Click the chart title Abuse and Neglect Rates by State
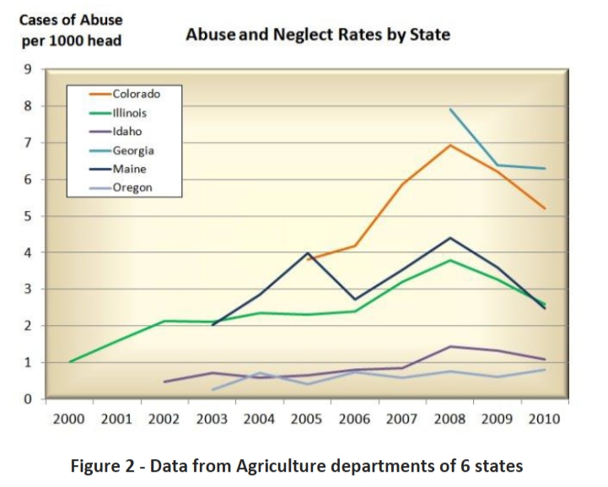(x=317, y=35)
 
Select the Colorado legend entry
(x=136, y=95)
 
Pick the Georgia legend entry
(x=133, y=150)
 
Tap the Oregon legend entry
(x=132, y=187)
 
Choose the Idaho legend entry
(x=127, y=132)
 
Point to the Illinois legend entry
(x=130, y=113)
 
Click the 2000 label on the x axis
(x=70, y=419)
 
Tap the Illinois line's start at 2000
(x=70, y=361)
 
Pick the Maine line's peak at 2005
(x=309, y=253)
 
